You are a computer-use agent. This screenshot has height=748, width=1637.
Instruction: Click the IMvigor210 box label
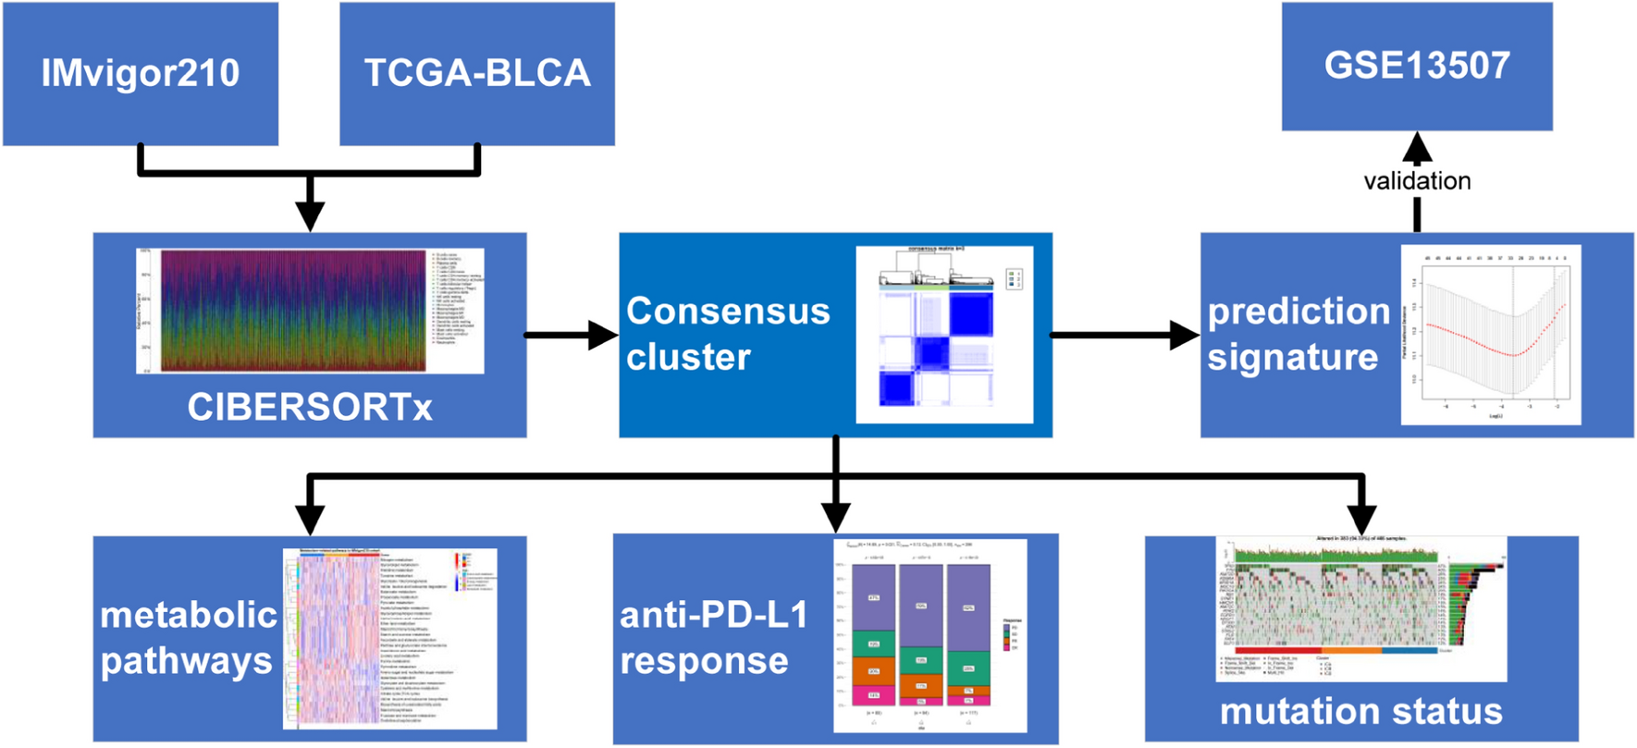(x=141, y=73)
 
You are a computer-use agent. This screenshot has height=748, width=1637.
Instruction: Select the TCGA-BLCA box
(x=476, y=73)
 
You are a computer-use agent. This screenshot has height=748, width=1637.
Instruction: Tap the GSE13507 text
(x=1416, y=65)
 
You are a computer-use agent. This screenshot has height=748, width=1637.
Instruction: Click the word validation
(x=1416, y=180)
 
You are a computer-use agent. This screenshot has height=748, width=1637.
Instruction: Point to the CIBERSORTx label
(x=309, y=407)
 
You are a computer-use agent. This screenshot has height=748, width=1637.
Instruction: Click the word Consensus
(x=728, y=312)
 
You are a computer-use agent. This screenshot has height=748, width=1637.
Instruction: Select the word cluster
(x=687, y=357)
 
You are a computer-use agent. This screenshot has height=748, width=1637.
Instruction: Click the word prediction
(x=1298, y=312)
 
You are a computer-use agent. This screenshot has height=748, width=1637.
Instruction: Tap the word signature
(x=1292, y=357)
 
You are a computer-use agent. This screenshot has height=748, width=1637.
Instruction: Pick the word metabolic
(x=189, y=615)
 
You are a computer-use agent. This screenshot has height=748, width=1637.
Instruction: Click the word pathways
(x=186, y=661)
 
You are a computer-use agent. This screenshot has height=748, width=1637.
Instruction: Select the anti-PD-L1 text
(x=713, y=615)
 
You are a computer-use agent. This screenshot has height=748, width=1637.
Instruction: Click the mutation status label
(x=1360, y=711)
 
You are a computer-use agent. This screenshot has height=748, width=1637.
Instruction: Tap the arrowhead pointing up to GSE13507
(x=1416, y=148)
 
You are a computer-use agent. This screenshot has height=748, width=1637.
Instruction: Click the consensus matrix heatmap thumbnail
(x=943, y=335)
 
